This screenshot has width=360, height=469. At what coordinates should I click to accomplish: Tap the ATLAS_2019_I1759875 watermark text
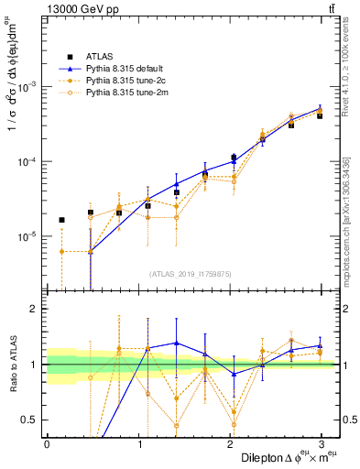click(x=191, y=273)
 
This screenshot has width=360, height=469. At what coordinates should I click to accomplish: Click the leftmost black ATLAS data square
click(x=61, y=220)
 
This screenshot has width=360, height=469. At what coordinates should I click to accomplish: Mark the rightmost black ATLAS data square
click(x=320, y=116)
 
